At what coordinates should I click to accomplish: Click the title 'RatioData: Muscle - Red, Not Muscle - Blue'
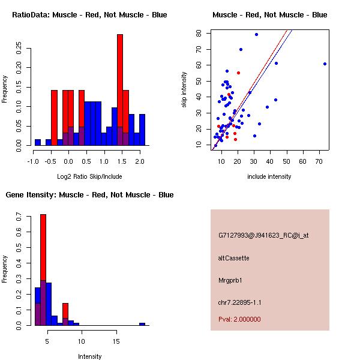tap(89, 14)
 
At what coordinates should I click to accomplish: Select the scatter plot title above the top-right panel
tap(270, 14)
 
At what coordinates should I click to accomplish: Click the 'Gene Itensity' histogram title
tap(89, 195)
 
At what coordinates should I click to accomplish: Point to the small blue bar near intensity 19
tap(142, 324)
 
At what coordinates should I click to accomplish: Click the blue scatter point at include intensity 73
tap(325, 64)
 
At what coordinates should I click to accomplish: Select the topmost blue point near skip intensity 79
tap(256, 35)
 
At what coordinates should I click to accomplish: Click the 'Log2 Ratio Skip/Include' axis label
tap(89, 176)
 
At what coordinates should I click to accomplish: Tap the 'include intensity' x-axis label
tap(270, 176)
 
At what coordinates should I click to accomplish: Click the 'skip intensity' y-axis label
tap(185, 90)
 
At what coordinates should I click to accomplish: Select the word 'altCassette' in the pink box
tap(234, 258)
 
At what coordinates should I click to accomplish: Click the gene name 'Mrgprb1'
tap(230, 280)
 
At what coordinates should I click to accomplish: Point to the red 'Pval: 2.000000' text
tap(240, 319)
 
